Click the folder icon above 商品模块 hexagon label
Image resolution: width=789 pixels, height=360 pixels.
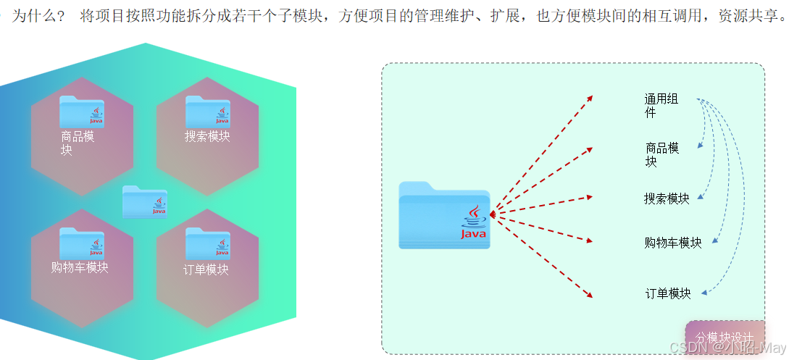(x=82, y=112)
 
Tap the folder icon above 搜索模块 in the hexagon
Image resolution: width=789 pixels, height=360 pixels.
(x=208, y=112)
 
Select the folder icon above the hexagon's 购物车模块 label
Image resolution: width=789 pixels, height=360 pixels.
(x=82, y=243)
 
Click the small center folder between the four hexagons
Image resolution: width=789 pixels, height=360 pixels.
(x=145, y=201)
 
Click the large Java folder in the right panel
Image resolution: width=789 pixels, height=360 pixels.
(x=444, y=215)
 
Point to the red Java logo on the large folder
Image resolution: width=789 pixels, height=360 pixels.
(x=473, y=222)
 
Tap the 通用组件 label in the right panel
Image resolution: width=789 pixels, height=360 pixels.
(x=661, y=106)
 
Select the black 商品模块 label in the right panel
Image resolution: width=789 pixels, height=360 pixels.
(x=661, y=155)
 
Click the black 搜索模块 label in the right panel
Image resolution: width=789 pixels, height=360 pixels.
(x=667, y=198)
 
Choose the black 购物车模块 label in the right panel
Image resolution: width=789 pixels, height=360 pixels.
(x=673, y=243)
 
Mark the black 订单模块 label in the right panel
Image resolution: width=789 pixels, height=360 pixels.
(x=668, y=293)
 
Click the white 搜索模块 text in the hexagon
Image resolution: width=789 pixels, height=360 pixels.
(x=207, y=136)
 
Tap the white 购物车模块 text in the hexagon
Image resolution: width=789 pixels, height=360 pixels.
(x=80, y=267)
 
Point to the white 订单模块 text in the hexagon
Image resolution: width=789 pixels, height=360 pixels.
(x=206, y=269)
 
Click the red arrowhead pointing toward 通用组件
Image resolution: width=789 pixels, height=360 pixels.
(x=590, y=97)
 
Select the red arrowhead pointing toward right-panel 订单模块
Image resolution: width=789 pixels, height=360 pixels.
(x=590, y=295)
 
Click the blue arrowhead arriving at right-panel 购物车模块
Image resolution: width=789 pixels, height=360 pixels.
(x=714, y=240)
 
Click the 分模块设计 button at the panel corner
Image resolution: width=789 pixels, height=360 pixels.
(x=725, y=338)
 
